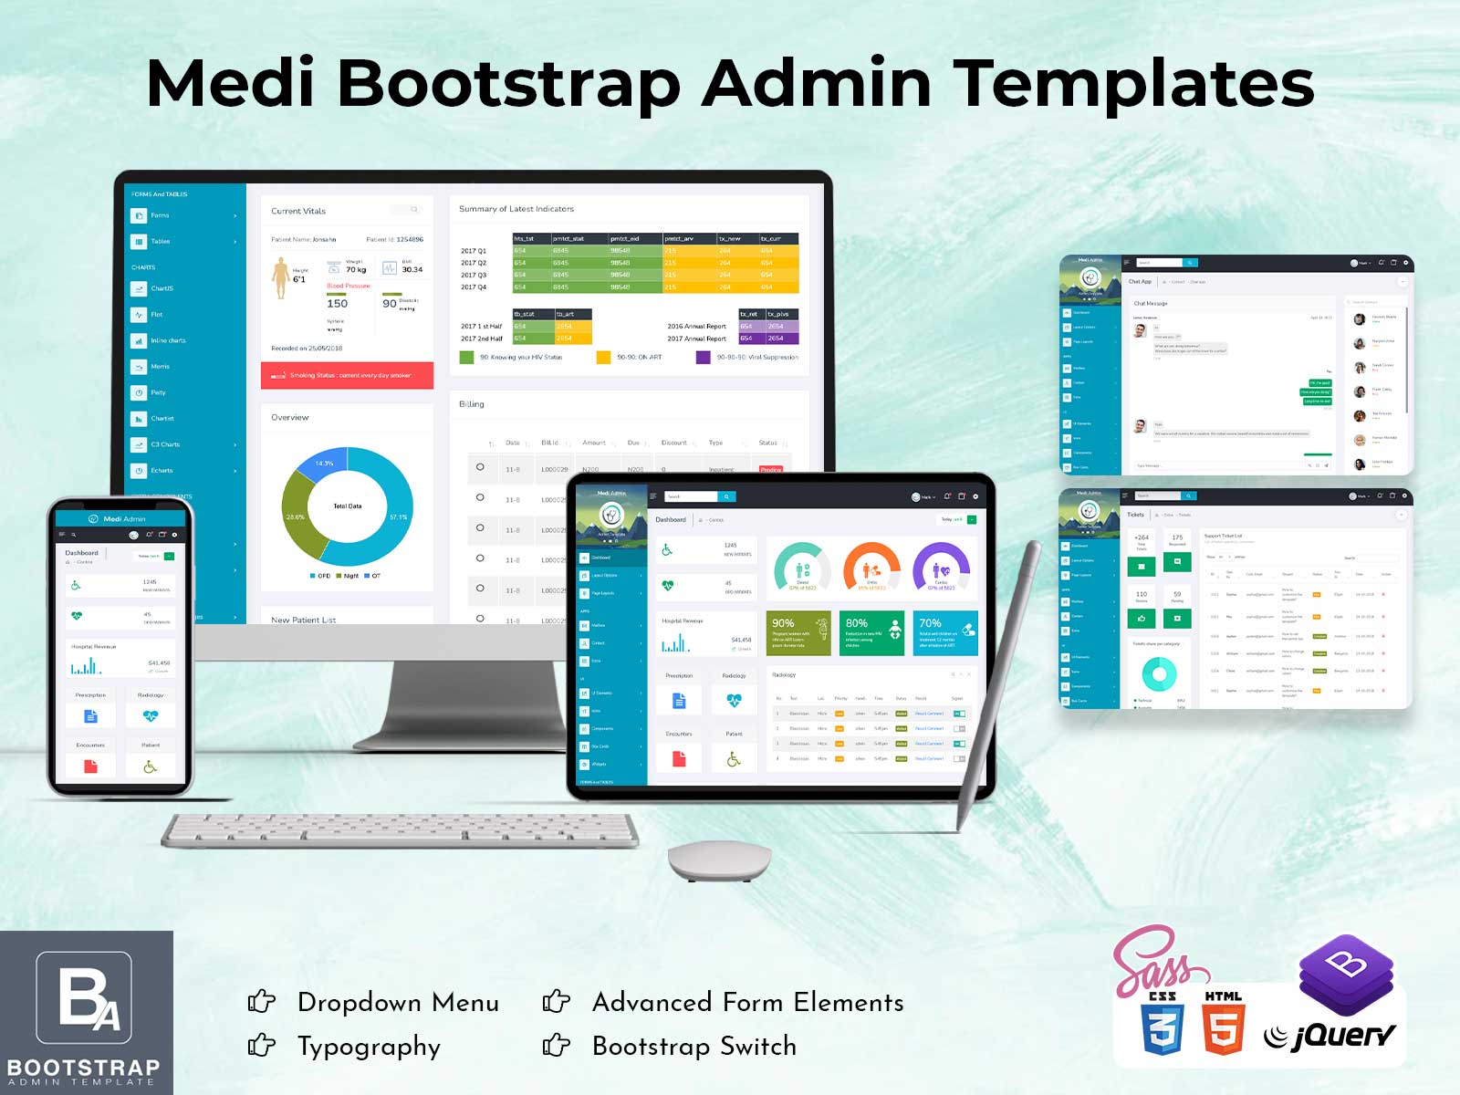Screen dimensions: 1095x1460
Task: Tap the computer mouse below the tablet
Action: tap(719, 860)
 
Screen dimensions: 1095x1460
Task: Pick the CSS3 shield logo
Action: tap(1163, 1024)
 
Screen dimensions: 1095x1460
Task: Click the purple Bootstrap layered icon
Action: tap(1346, 974)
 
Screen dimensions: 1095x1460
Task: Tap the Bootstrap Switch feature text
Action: tap(694, 1046)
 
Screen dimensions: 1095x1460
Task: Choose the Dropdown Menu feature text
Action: tap(398, 1002)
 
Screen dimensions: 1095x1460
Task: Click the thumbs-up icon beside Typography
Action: tap(262, 1045)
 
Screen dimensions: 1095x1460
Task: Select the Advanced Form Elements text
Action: tap(748, 1002)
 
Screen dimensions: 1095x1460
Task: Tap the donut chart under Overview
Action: tap(348, 506)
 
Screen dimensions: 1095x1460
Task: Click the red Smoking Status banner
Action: tap(347, 375)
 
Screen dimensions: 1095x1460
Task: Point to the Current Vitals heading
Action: tap(298, 211)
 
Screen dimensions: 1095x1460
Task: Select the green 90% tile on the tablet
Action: tap(798, 632)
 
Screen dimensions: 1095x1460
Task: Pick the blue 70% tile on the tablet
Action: tap(944, 632)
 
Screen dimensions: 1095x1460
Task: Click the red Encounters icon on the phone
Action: tap(90, 766)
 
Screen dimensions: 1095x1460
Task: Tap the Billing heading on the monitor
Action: tap(472, 404)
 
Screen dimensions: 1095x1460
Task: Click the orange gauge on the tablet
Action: tap(871, 568)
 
